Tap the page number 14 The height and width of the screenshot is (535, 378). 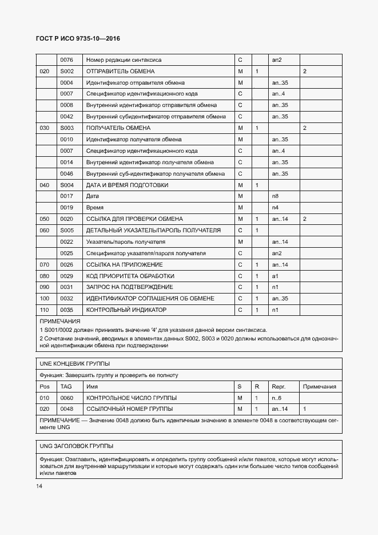coord(39,486)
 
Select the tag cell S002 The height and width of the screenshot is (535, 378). coord(67,72)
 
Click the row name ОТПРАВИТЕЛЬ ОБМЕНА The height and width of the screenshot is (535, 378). coord(120,72)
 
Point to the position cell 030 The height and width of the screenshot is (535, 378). coord(44,128)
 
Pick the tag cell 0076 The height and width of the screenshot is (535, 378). coord(67,60)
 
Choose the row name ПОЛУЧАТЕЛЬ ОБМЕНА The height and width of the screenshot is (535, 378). coord(118,128)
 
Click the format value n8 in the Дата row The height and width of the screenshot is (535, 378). coord(274,196)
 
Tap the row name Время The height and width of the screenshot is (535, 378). coord(95,208)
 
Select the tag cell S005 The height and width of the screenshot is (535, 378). coord(67,230)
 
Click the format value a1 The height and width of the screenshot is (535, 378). coord(274,276)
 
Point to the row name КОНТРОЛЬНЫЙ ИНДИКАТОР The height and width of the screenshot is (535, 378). coord(126,310)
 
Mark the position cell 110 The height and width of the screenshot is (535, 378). coord(44,310)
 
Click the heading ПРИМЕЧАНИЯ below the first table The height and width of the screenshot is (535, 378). coord(59,322)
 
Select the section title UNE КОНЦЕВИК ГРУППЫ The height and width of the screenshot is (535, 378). coord(74,364)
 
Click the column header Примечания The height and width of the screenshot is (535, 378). coord(319,387)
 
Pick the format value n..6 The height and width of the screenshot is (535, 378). coord(276,398)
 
